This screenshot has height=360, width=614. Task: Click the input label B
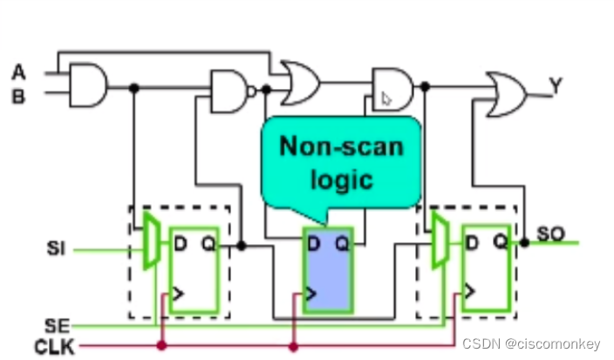[x=18, y=95]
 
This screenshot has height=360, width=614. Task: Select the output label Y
[x=556, y=85]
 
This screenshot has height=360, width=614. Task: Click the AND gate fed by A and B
[x=87, y=85]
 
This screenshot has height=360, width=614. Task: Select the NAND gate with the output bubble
[x=231, y=90]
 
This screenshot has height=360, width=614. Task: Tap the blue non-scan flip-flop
[x=327, y=270]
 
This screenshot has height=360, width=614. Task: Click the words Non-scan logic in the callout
[x=341, y=163]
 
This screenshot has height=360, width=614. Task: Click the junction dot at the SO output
[x=524, y=242]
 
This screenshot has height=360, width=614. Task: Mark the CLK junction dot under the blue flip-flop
[x=294, y=347]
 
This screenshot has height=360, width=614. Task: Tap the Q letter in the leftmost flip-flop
[x=207, y=243]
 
